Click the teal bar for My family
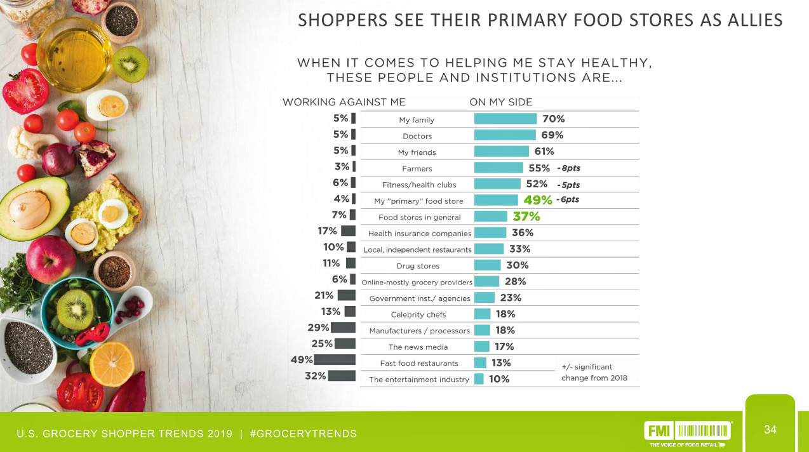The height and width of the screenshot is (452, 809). pos(505,119)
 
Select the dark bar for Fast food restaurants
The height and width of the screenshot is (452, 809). pos(335,359)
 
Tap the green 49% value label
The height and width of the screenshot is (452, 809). pos(537,201)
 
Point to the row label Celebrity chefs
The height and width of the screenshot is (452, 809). pos(418,314)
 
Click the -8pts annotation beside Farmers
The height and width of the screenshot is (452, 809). pos(568,169)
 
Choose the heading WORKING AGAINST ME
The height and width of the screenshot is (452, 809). pos(344,102)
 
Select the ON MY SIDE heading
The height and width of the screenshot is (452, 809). pos(500,102)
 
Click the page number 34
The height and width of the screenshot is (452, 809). pos(770,430)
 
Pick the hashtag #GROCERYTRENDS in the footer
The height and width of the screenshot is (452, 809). pos(304,434)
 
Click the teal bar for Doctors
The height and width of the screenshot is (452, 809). pos(505,135)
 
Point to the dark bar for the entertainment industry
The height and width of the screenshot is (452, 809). pos(342,375)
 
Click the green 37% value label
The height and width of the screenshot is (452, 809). pos(526,216)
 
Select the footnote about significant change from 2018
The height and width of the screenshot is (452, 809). pos(594,372)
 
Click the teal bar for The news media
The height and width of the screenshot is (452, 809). pos(482,347)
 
